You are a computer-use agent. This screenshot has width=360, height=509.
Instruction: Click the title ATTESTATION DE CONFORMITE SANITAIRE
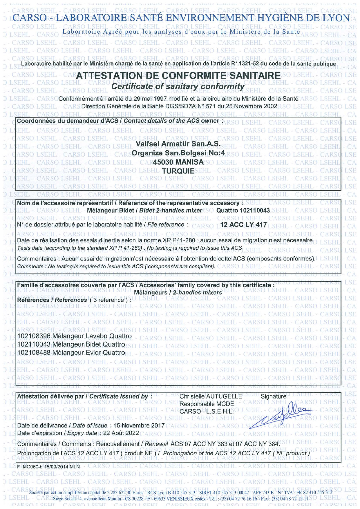(178, 76)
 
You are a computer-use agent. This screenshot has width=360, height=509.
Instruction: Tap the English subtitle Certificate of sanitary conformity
(178, 86)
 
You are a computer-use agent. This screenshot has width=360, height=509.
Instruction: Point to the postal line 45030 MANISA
(178, 162)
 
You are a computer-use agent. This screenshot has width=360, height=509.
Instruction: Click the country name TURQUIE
(178, 171)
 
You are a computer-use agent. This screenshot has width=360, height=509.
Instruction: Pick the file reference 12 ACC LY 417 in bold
(243, 224)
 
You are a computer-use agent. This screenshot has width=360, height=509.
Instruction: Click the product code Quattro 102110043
(243, 210)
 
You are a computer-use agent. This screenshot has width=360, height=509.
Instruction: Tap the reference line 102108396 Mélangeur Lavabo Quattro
(75, 336)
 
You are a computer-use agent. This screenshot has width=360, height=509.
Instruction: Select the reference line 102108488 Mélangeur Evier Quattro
(71, 352)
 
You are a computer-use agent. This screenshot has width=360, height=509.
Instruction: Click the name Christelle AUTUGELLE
(211, 396)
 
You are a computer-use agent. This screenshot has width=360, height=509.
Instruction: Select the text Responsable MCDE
(207, 404)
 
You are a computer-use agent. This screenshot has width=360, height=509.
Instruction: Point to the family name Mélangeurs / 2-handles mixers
(178, 293)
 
